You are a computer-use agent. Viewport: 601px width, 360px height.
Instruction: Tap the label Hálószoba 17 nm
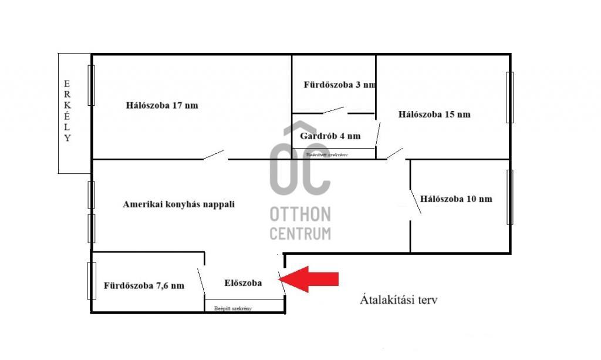161,106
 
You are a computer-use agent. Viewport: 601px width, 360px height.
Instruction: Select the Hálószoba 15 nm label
434,115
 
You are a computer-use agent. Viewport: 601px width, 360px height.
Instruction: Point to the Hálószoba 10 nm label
456,198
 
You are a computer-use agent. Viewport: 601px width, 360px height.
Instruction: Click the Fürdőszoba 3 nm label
339,85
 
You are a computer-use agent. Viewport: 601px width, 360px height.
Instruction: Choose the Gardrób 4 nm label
330,136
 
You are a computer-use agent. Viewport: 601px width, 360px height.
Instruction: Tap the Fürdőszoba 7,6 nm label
144,286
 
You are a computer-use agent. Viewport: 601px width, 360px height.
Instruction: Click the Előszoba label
243,282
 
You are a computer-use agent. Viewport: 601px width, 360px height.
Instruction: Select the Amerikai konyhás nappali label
178,204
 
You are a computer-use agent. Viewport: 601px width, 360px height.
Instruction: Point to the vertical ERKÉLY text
67,112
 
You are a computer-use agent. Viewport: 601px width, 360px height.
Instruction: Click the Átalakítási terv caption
398,300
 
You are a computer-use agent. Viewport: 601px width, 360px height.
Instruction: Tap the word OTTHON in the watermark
300,214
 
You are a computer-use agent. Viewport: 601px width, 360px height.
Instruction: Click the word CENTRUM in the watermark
300,233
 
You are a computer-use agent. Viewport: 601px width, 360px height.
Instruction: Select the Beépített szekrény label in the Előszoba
233,308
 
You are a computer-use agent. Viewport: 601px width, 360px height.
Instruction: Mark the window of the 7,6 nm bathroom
92,281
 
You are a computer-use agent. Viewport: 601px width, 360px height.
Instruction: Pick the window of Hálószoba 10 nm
509,197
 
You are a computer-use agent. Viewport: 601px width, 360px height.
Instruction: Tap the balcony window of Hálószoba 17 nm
91,85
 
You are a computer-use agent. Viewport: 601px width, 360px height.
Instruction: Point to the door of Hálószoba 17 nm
214,155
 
